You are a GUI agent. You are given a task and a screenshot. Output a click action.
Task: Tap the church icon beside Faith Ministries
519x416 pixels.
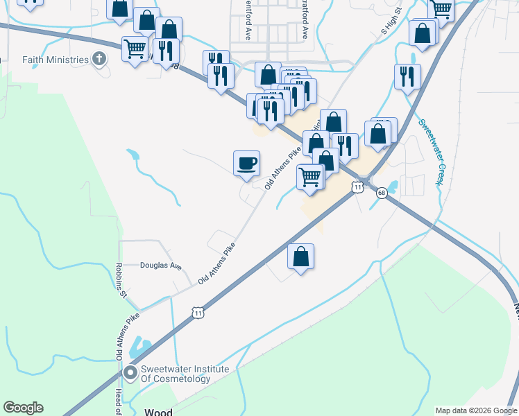pos(99,60)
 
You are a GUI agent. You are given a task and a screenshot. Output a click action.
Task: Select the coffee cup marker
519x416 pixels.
pos(246,164)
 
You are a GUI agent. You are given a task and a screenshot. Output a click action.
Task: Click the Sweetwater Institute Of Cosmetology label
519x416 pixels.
pos(185,374)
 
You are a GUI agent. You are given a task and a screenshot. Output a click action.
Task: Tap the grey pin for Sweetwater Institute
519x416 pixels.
pos(130,374)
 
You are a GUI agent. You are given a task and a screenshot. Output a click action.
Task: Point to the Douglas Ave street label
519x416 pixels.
pos(160,266)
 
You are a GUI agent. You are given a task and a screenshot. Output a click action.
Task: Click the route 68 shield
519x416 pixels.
pos(382,193)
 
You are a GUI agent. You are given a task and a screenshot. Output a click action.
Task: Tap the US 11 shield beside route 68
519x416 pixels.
pos(357,187)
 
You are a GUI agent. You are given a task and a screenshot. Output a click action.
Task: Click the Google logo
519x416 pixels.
pos(23,408)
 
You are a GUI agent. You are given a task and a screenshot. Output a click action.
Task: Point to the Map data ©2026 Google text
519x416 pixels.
pos(476,410)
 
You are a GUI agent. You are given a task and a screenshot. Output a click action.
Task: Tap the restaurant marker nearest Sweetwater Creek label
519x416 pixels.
pos(407,76)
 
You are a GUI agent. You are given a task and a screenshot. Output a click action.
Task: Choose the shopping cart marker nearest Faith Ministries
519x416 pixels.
pos(134,49)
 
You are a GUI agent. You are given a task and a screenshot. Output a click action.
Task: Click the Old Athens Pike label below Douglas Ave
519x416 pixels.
pos(216,264)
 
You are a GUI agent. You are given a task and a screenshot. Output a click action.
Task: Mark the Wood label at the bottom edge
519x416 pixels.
pos(158,412)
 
